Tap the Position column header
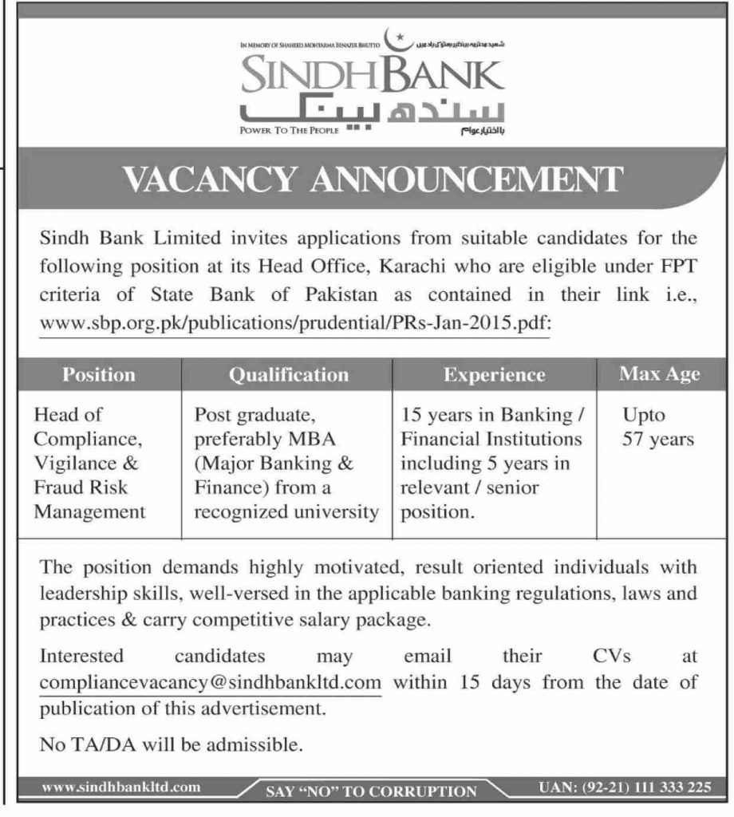99,374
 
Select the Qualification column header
288,374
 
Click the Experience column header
494,374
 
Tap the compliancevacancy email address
209,683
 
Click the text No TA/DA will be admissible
172,748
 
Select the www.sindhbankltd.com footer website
120,788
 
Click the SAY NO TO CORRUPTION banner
371,791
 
